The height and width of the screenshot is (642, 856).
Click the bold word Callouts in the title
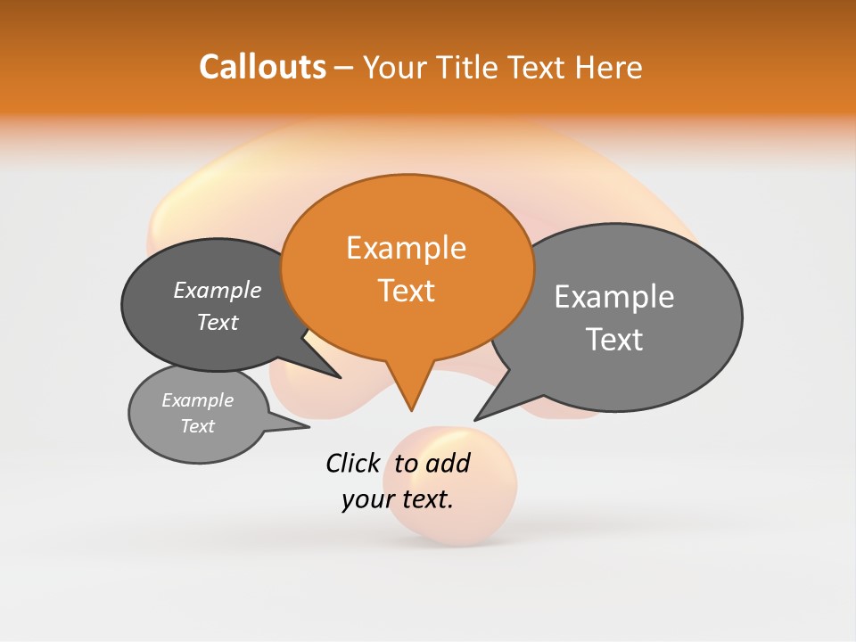[262, 67]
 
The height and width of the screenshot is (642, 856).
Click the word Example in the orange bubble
[406, 248]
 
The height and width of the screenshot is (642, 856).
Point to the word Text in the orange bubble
[406, 291]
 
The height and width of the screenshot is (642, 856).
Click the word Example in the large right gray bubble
[614, 297]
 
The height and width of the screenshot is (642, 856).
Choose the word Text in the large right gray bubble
[614, 340]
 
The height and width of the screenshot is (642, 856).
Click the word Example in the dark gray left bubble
[218, 290]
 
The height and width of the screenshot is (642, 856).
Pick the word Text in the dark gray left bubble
[218, 322]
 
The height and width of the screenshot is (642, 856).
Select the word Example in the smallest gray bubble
[197, 400]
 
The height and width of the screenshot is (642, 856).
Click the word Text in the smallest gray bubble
[197, 426]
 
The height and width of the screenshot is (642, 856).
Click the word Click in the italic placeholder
[352, 463]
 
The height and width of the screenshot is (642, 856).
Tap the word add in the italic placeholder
[448, 463]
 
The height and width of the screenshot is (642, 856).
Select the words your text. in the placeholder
[398, 499]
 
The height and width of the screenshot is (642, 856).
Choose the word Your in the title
[396, 67]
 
